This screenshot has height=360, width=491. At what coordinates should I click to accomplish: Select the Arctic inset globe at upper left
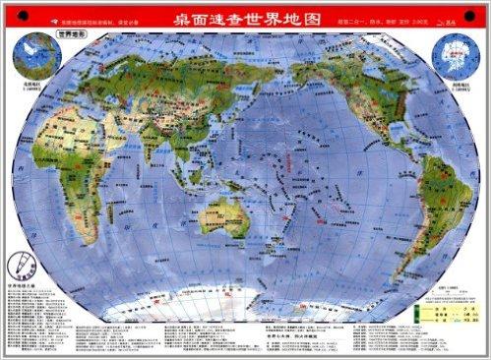point(32,58)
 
